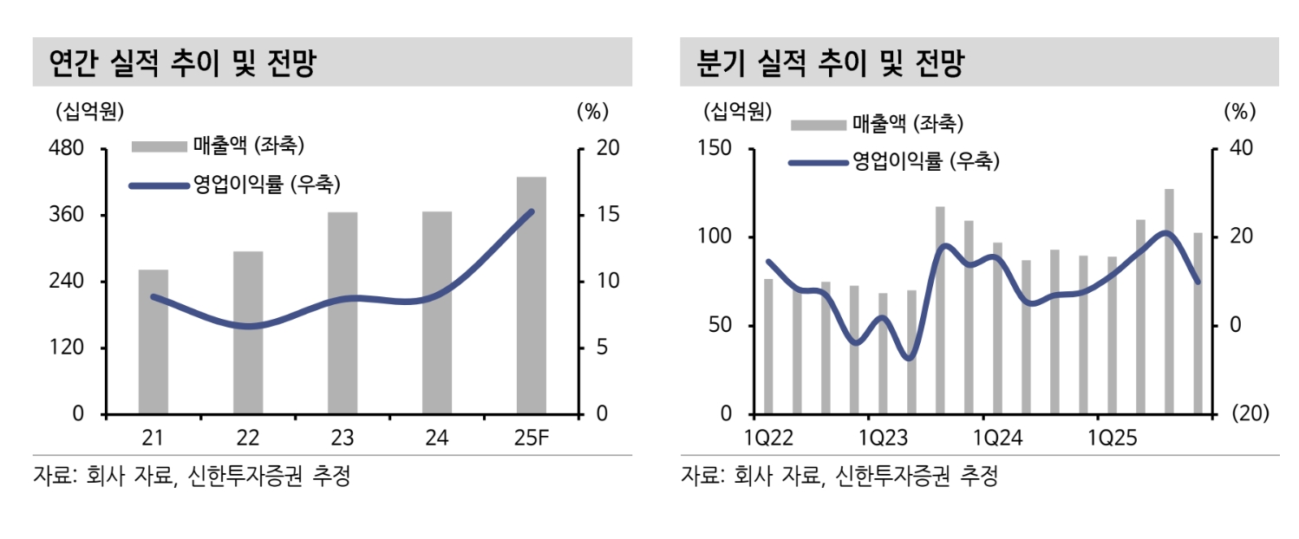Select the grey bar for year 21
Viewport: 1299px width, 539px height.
point(153,341)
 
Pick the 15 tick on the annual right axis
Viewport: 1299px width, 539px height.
point(607,215)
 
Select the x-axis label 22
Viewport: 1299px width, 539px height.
point(248,438)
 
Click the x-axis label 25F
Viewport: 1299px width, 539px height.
point(531,438)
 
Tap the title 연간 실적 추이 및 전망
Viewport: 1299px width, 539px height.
point(182,63)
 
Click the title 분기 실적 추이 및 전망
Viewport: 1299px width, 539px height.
point(830,63)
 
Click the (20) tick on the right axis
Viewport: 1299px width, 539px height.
point(1250,414)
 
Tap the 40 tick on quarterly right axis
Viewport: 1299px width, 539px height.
point(1242,148)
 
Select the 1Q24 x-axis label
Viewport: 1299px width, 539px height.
point(999,438)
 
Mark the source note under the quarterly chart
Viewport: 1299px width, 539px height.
point(839,476)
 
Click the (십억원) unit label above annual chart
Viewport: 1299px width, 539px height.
point(88,111)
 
